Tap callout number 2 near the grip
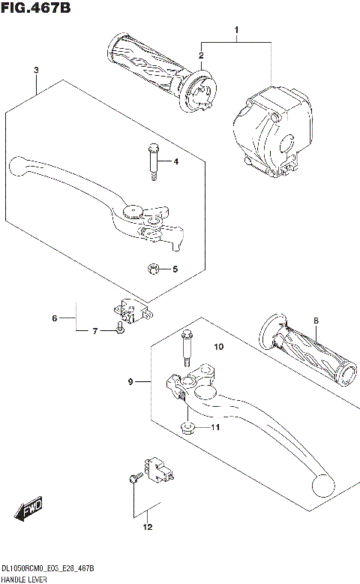tap(201, 56)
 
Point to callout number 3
tap(35, 70)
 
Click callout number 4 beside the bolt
tap(175, 162)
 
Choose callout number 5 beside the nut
tap(175, 269)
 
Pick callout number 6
tap(54, 319)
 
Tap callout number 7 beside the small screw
tap(96, 331)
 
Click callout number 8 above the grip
tap(316, 321)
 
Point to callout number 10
tap(219, 347)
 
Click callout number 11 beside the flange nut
tap(215, 428)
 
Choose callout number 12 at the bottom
tap(147, 527)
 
